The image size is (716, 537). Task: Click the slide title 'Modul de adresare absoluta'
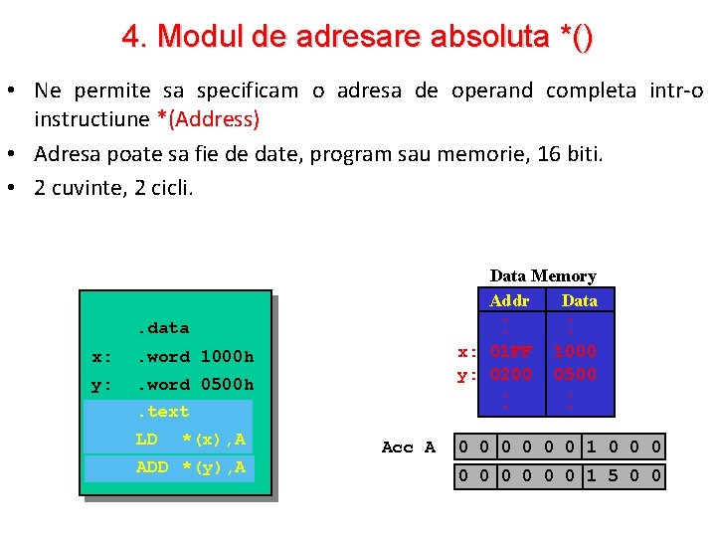tap(358, 37)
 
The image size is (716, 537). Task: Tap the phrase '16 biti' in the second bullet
tap(574, 154)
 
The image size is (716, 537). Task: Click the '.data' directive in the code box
tap(162, 327)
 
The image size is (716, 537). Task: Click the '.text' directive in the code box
tap(162, 411)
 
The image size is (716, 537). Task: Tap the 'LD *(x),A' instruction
tap(190, 440)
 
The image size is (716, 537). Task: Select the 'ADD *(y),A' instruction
tap(190, 467)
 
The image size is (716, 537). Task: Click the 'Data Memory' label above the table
tap(542, 275)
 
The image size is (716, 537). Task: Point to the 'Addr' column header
tap(509, 299)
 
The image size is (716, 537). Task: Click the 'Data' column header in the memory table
tap(579, 299)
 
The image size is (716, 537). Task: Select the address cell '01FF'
tap(511, 351)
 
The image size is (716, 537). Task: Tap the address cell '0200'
tap(511, 374)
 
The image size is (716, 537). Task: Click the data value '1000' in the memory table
tap(575, 351)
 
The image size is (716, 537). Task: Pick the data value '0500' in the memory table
tap(575, 374)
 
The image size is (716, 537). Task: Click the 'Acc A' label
tap(409, 447)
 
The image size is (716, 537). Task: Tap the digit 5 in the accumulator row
tap(613, 476)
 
